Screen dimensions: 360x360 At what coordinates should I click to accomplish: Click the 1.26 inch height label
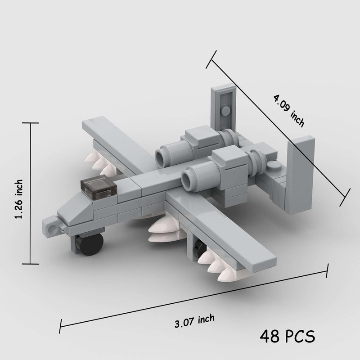point(19,199)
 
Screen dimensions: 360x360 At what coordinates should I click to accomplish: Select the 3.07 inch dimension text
point(194,321)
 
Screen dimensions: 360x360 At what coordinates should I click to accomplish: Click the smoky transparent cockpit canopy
point(99,186)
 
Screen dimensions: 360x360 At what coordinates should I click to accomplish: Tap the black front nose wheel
point(91,245)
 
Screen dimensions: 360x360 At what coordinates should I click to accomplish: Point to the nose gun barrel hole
point(52,229)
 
